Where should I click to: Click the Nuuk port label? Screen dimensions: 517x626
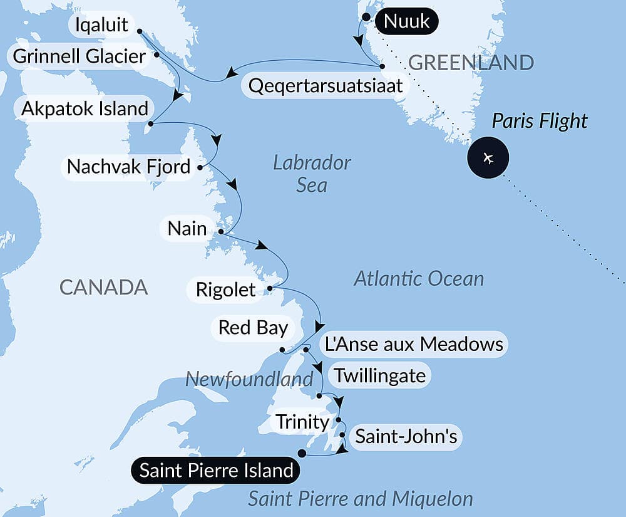coord(406,22)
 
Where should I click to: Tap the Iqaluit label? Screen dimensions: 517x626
coord(101,26)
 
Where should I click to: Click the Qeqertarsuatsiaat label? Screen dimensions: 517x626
coord(326,85)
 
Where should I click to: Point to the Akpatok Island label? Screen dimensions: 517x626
coord(85,108)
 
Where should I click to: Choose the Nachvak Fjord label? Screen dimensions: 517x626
coord(128,167)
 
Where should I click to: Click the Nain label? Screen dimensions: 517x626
coord(187,228)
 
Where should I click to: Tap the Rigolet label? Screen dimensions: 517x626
coord(225,290)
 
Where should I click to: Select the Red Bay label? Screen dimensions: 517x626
coord(253,327)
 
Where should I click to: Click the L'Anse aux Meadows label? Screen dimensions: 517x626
coord(413,344)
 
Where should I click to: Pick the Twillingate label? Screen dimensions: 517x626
coord(380,375)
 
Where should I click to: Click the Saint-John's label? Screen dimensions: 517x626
coord(406,436)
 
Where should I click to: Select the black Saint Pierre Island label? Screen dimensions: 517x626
coord(216,471)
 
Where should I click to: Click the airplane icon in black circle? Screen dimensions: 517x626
coord(488,157)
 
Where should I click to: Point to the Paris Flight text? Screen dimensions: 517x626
coord(539,120)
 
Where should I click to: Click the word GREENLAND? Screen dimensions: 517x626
coord(471,63)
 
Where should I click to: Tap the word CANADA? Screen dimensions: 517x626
coord(103,288)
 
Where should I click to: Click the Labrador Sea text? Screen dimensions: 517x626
coord(312,174)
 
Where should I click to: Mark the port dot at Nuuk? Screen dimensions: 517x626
coord(366,16)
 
